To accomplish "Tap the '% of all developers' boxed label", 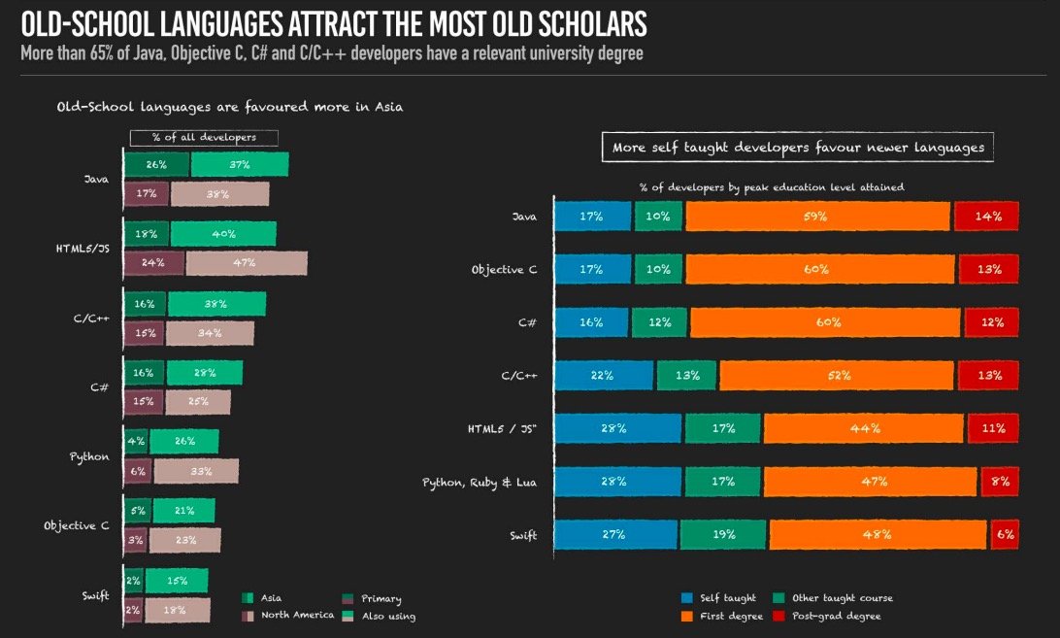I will (204, 138).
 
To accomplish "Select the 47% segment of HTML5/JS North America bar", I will (246, 262).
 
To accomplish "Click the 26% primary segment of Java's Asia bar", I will (156, 165).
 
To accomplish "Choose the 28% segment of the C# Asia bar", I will (204, 372).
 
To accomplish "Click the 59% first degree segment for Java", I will (817, 217).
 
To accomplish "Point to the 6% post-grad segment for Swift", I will (1004, 534).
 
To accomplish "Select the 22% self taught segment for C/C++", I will (603, 375).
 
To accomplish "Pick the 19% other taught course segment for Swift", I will (722, 534).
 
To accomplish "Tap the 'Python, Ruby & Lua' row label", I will (480, 482).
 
